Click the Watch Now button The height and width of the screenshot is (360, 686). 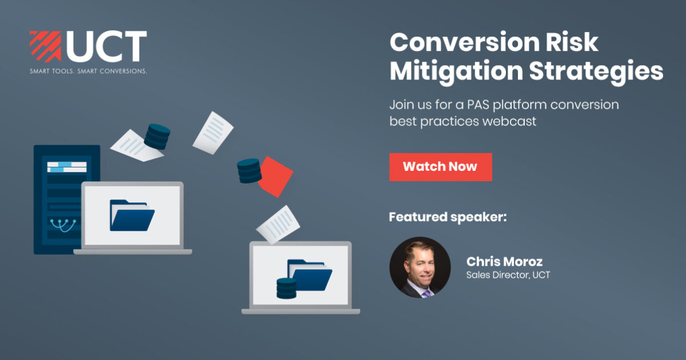pos(440,167)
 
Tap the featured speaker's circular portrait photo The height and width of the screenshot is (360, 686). pos(420,267)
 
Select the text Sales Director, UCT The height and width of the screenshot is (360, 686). pos(508,275)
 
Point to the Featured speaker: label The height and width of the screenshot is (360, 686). pos(448,217)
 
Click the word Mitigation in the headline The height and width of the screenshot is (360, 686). pos(456,71)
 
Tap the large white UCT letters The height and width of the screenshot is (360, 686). pos(106,46)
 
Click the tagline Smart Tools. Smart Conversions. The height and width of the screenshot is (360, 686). pos(88,71)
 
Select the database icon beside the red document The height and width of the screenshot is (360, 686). pos(249,171)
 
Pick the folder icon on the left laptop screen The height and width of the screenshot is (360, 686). pos(132,215)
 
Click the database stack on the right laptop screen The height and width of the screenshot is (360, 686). pos(286,287)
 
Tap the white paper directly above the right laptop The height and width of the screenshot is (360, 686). pos(278,224)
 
